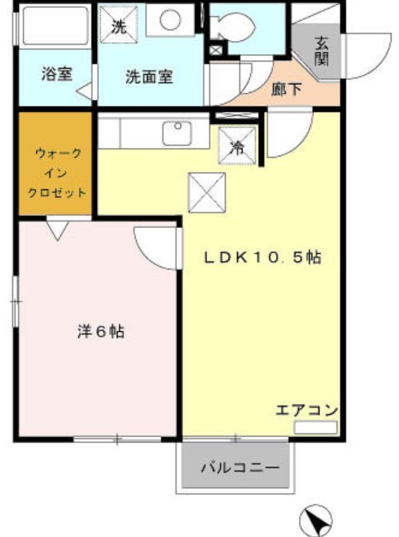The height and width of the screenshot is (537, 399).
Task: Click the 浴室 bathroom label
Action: click(57, 75)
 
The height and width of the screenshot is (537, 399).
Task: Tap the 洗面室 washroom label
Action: click(149, 78)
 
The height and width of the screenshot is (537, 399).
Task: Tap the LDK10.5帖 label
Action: click(261, 258)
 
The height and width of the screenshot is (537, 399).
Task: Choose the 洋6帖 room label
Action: click(100, 332)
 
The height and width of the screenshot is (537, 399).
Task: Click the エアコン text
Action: click(307, 410)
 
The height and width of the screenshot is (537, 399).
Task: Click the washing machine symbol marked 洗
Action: click(119, 25)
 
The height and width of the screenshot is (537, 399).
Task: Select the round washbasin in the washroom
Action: click(170, 19)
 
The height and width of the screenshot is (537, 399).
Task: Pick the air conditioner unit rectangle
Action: click(315, 427)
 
